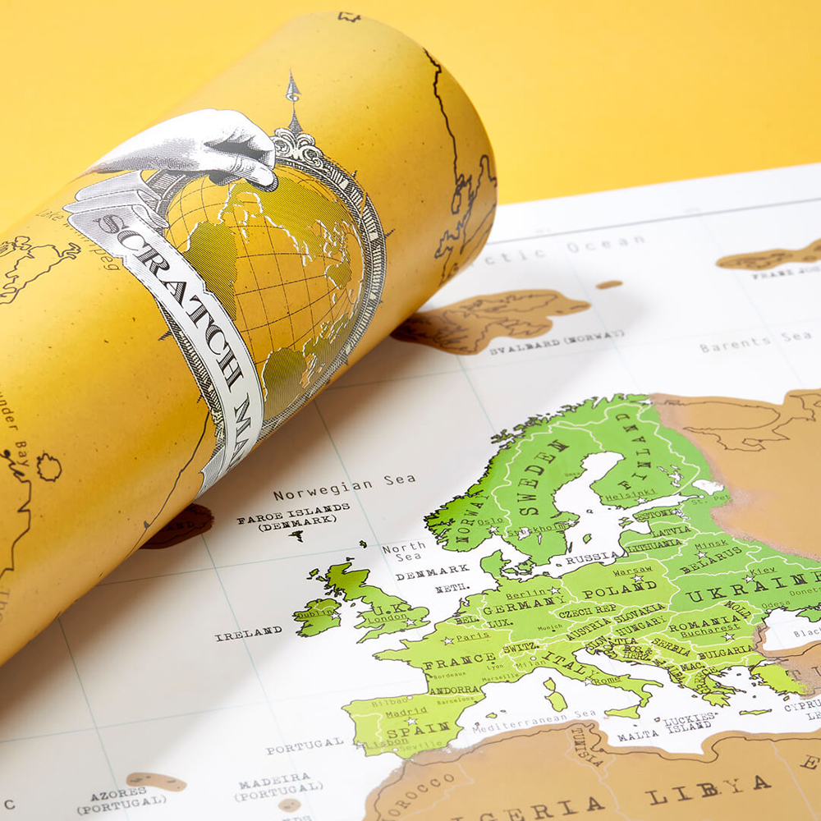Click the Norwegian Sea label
pyautogui.click(x=344, y=488)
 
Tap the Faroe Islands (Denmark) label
pyautogui.click(x=293, y=517)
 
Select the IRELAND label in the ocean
pyautogui.click(x=249, y=633)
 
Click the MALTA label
pyautogui.click(x=638, y=736)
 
